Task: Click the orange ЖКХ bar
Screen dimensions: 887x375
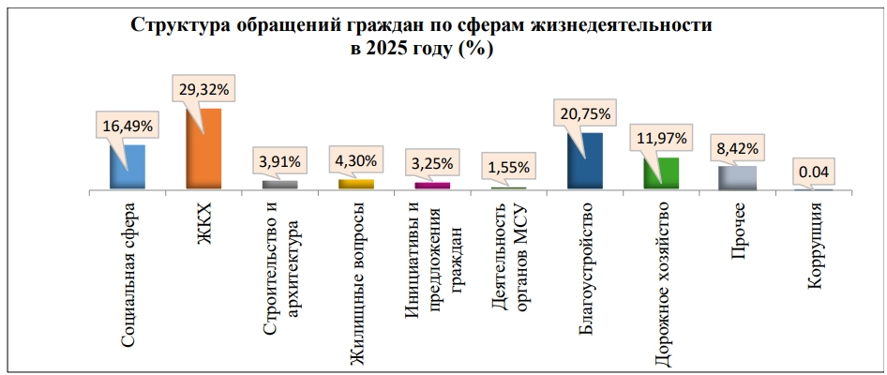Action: pos(203,149)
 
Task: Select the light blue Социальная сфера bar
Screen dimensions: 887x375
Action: pos(128,167)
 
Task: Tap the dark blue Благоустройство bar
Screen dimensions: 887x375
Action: pos(585,160)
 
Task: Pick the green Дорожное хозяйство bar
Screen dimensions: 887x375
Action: pos(661,173)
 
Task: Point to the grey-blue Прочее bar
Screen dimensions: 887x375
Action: pos(738,177)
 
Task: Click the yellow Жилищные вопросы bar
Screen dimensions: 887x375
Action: pos(356,184)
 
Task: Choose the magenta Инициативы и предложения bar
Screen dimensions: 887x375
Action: pos(432,186)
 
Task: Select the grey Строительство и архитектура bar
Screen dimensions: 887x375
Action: pos(280,185)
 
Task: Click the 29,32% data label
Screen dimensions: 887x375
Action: pos(204,90)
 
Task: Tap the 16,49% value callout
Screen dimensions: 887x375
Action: pos(128,127)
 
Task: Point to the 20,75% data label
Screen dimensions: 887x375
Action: pos(585,113)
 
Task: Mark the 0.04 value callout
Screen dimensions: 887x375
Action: pos(815,172)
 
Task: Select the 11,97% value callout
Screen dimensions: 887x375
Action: pos(662,139)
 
